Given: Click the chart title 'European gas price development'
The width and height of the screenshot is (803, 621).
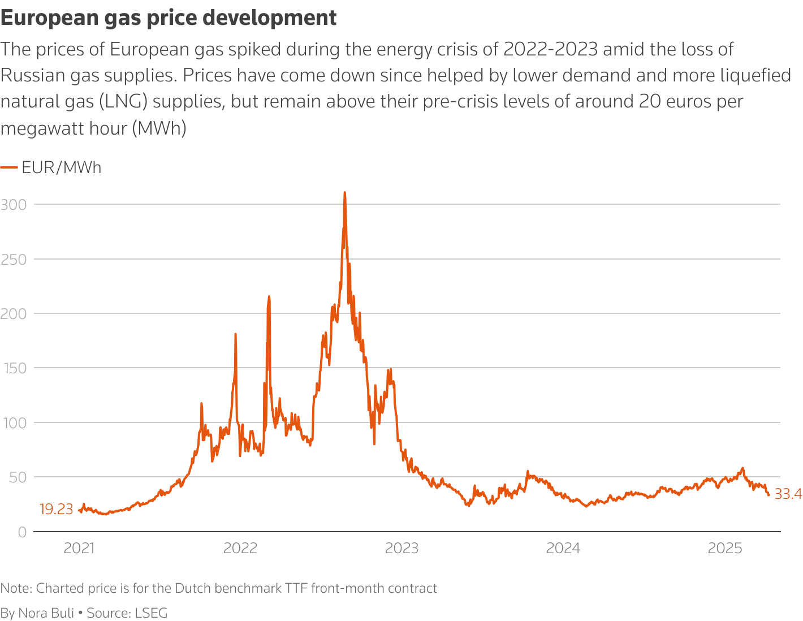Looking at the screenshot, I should [169, 18].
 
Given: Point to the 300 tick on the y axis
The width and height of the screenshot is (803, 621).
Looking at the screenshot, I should [14, 205].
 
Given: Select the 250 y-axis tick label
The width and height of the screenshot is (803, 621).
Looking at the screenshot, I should [14, 260].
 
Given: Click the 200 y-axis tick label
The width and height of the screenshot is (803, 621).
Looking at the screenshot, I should [14, 314].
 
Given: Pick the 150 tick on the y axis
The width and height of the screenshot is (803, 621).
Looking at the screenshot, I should [14, 369].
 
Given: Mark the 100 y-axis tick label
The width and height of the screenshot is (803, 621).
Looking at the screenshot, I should [14, 423].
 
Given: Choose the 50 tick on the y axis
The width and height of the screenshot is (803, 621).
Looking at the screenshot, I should [17, 477].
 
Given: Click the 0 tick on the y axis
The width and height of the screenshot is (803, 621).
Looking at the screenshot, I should [22, 532].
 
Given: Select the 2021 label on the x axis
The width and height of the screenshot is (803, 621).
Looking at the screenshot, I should [79, 548].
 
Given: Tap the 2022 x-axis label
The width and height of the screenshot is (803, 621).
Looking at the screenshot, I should [240, 548].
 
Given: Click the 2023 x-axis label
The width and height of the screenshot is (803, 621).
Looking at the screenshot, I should [401, 548].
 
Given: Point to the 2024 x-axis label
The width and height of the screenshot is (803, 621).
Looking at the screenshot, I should [563, 548].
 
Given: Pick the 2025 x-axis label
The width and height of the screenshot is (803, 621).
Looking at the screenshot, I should [725, 548].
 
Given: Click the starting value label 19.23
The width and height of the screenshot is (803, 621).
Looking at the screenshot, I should [56, 509].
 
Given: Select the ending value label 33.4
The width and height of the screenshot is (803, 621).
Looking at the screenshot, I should [788, 494].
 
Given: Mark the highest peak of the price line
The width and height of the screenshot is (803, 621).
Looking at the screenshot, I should [344, 193].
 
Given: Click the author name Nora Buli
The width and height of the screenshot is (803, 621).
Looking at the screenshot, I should [46, 613].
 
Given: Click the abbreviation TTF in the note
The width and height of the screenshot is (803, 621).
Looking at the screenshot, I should [296, 588].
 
